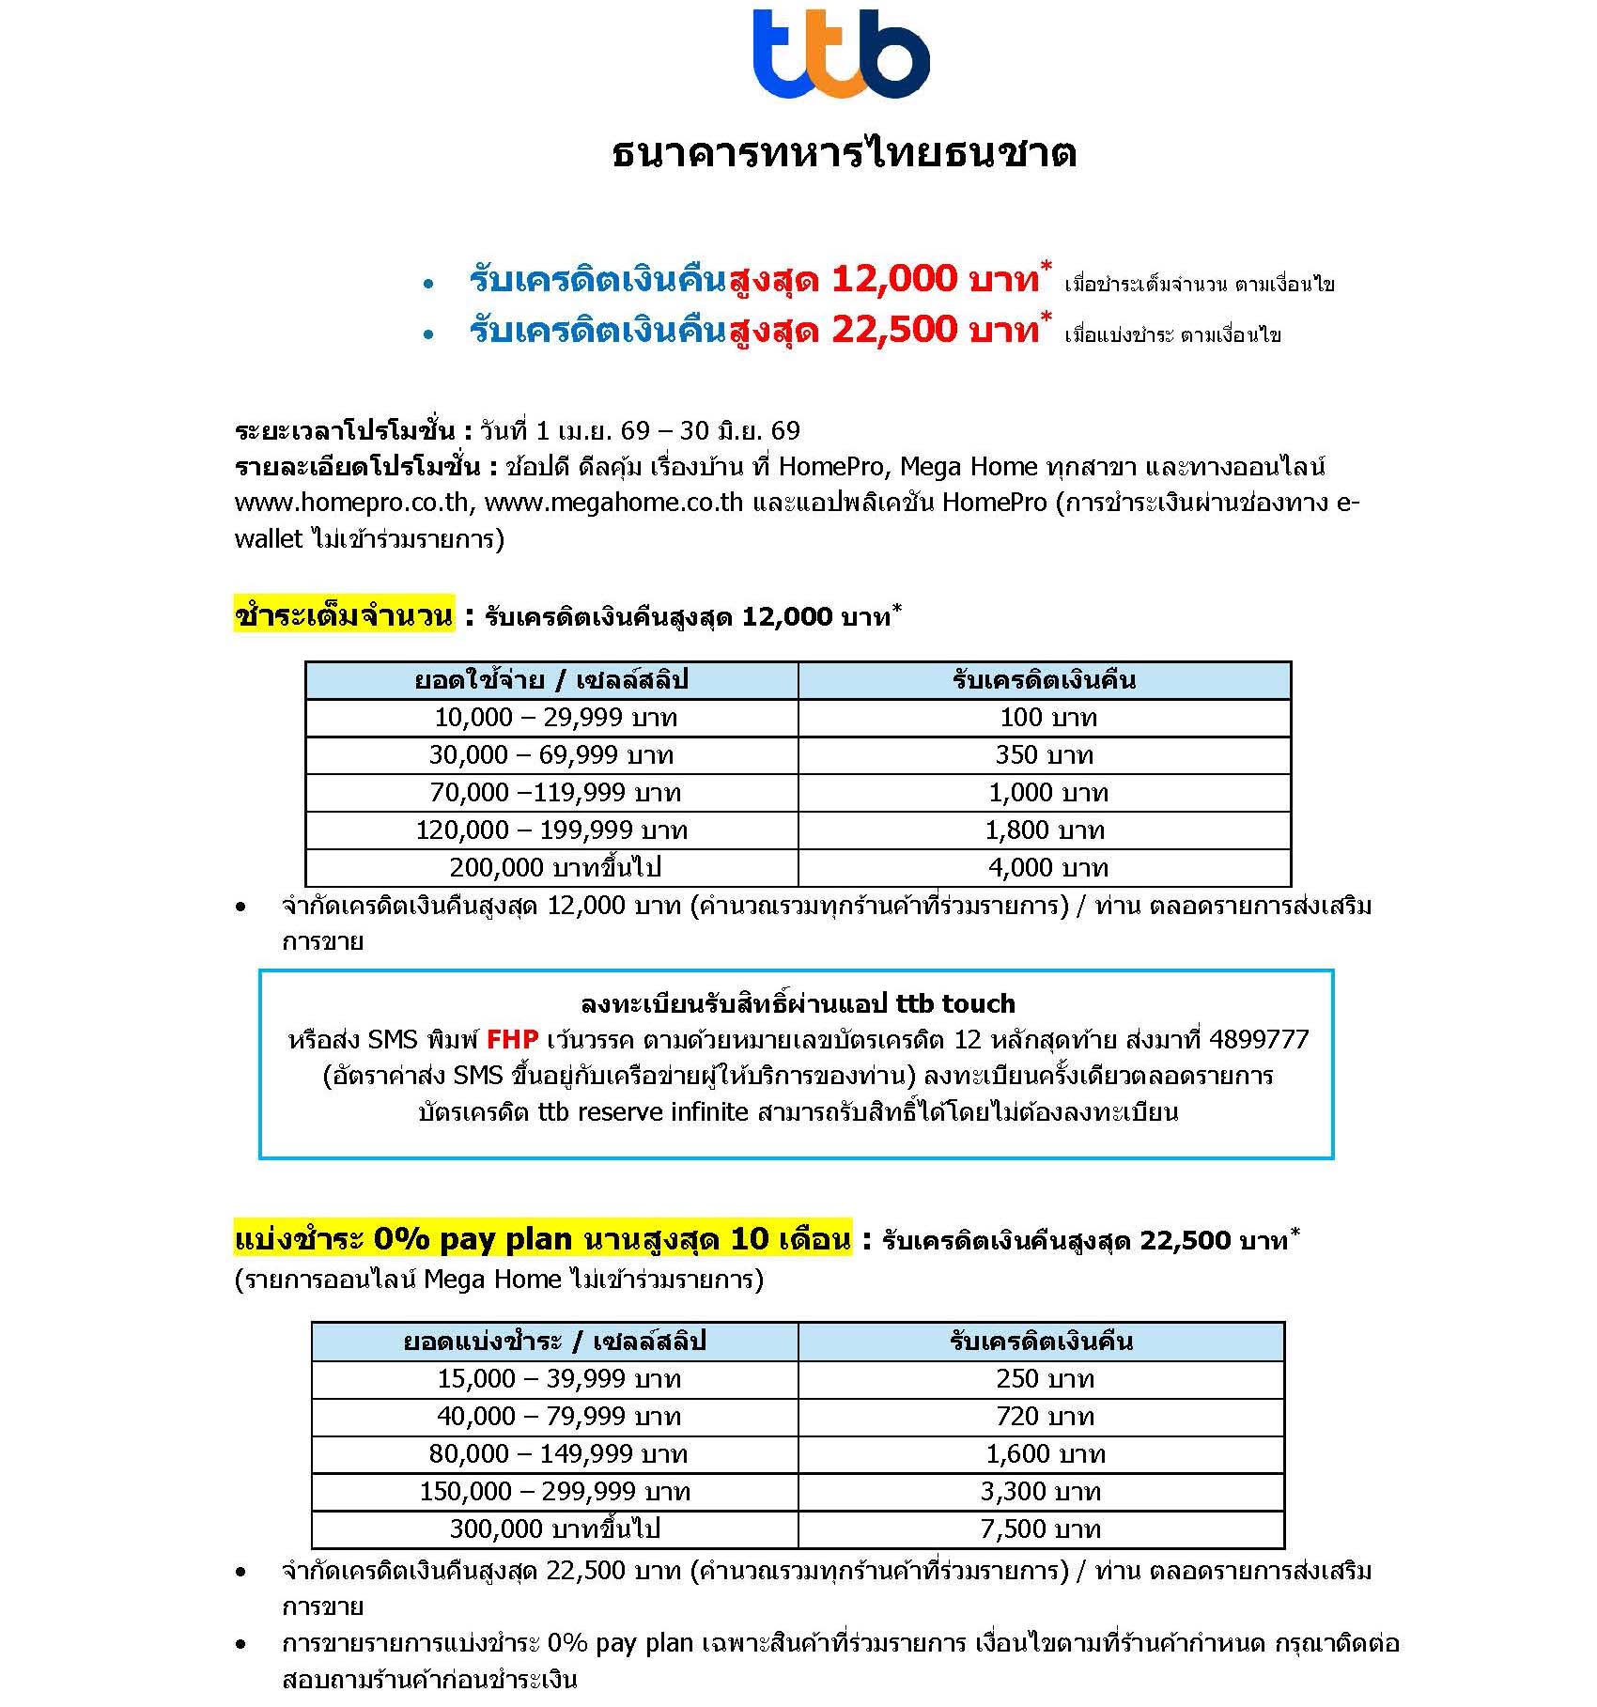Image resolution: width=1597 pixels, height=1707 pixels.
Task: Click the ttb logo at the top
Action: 841,54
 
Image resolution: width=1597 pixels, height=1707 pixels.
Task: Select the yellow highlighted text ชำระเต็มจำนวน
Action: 344,615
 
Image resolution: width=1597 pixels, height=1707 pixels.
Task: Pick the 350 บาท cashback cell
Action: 1044,755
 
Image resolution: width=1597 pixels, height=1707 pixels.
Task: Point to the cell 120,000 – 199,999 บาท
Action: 551,830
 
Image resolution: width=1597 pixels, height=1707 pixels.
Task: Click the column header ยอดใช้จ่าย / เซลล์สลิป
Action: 551,680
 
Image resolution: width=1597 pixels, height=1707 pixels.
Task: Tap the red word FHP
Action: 512,1039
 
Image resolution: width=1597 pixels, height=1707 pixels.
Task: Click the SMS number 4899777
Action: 1259,1039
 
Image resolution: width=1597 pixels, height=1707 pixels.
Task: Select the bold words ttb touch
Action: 955,1003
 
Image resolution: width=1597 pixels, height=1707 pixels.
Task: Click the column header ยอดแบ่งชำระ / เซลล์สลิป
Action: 554,1342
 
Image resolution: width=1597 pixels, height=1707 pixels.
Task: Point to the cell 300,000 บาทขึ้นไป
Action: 554,1529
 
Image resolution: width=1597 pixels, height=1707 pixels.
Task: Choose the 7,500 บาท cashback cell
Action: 1040,1529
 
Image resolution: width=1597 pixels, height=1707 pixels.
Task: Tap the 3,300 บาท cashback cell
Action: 1040,1492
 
